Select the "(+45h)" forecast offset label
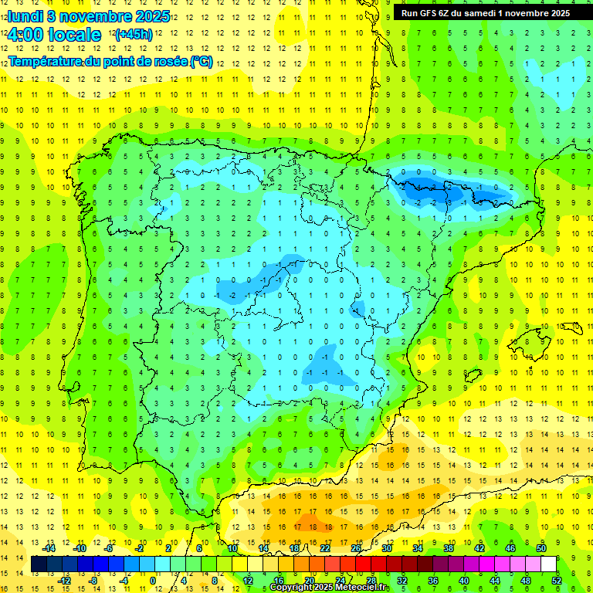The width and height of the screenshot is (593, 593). [x=134, y=34]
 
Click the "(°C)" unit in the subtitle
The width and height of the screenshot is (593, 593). [x=201, y=61]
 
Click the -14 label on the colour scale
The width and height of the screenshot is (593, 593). [x=49, y=548]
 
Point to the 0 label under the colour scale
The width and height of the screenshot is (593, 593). [x=153, y=581]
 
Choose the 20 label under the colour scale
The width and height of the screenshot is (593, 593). [x=310, y=581]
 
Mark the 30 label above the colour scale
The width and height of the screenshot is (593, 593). [x=386, y=548]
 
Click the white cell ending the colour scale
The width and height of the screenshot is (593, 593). [x=548, y=564]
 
